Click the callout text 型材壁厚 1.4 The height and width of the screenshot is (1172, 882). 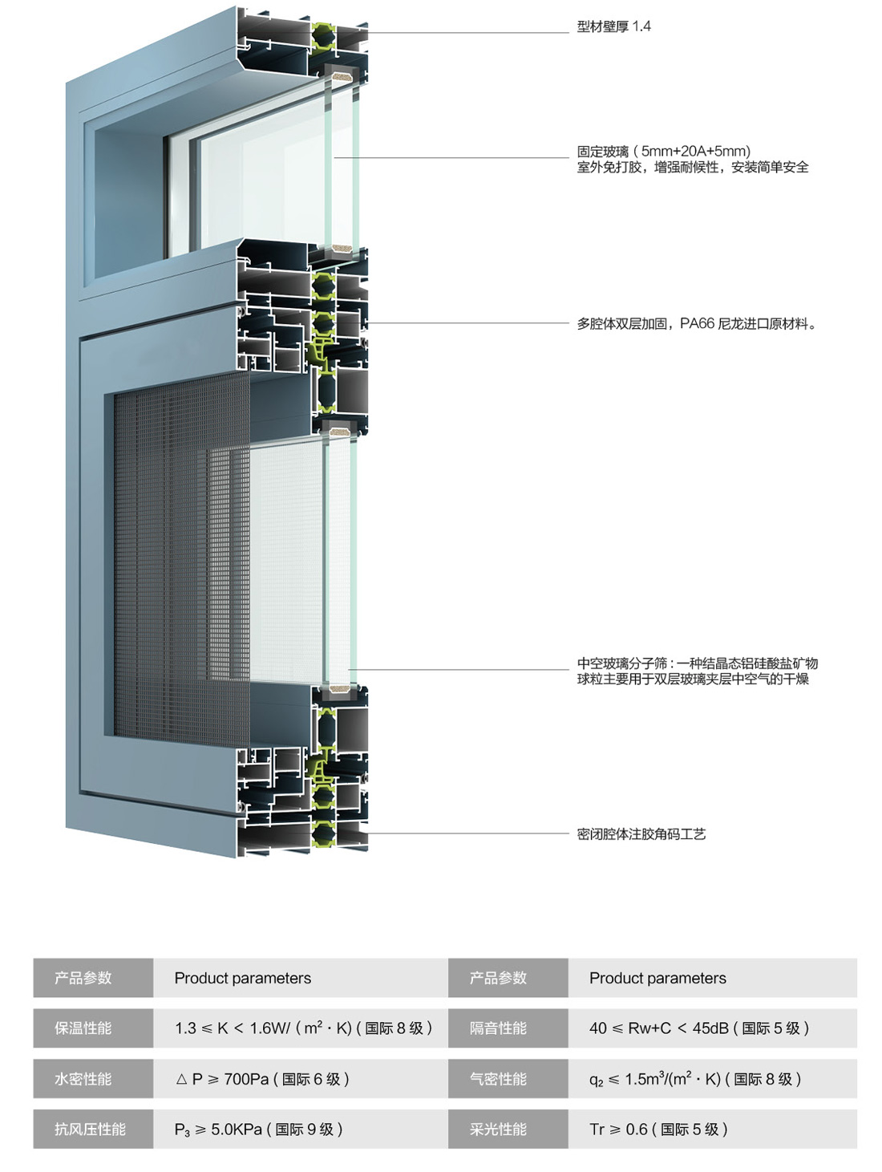pyautogui.click(x=613, y=26)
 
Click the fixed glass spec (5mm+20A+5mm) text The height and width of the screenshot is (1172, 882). pyautogui.click(x=664, y=151)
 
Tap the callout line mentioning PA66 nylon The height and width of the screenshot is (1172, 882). pyautogui.click(x=697, y=324)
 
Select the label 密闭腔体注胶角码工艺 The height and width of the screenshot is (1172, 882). pyautogui.click(x=641, y=834)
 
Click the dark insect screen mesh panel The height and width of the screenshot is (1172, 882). pyautogui.click(x=176, y=562)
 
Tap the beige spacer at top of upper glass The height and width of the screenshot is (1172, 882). pyautogui.click(x=342, y=79)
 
